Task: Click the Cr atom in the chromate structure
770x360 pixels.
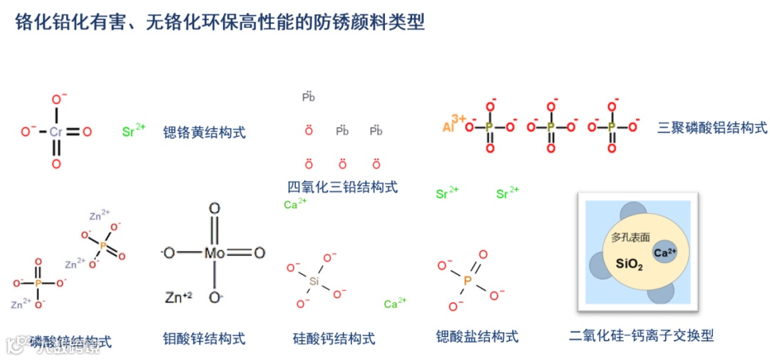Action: [56, 132]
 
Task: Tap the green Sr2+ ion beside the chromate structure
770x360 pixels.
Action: [133, 131]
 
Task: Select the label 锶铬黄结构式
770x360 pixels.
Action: [204, 132]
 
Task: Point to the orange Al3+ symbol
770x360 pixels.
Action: [453, 124]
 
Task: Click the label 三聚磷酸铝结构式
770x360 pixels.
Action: [712, 128]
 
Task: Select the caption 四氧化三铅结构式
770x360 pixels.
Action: [342, 187]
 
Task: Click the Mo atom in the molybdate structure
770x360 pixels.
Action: [215, 253]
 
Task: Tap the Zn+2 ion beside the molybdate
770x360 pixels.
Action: [178, 297]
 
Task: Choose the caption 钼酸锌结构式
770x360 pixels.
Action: [204, 339]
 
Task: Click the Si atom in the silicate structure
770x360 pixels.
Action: [314, 282]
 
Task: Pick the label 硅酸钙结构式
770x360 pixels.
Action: [334, 339]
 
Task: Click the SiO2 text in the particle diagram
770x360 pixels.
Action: [629, 265]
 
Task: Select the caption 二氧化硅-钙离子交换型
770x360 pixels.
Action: [642, 335]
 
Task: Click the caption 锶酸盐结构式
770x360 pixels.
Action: [477, 336]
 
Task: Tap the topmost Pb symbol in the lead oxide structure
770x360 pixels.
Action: [309, 96]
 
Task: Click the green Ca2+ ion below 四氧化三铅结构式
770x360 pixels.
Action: [294, 205]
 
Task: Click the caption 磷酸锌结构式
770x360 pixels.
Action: [71, 342]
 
